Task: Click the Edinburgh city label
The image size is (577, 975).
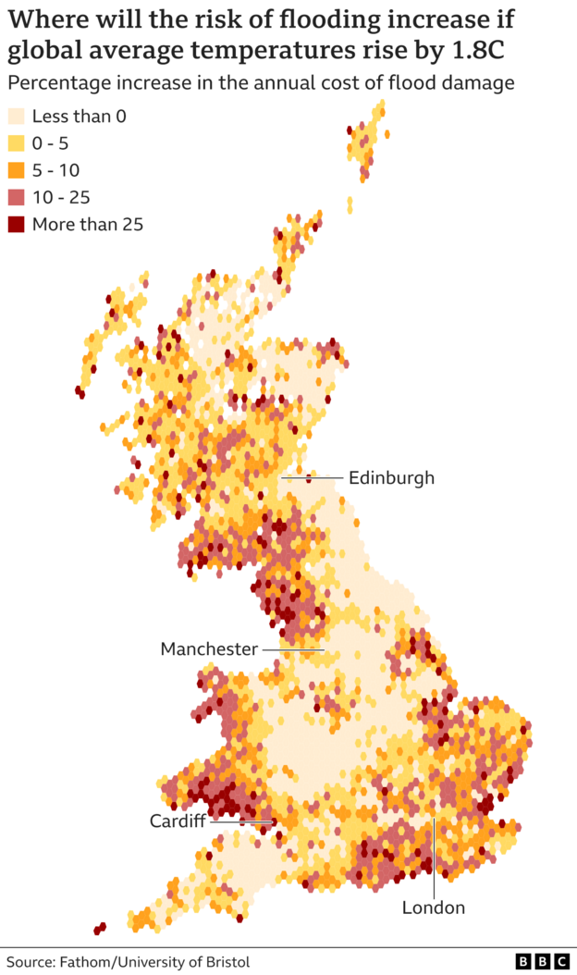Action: pos(390,478)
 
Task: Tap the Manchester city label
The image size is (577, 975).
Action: pos(209,649)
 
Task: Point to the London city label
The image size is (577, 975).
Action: pos(433,907)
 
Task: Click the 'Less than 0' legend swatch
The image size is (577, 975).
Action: pos(17,117)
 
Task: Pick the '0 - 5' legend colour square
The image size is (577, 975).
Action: pos(17,143)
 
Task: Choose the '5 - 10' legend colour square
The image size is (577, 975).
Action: pos(17,170)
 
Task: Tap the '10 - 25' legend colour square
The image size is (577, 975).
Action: pos(17,197)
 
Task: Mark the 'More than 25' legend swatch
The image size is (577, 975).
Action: pos(17,224)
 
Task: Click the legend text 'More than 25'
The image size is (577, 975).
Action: pos(88,224)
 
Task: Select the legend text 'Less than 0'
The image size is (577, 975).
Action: pos(79,117)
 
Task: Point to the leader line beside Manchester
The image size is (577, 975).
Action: pos(292,649)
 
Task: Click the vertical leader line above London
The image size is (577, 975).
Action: pos(433,856)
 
